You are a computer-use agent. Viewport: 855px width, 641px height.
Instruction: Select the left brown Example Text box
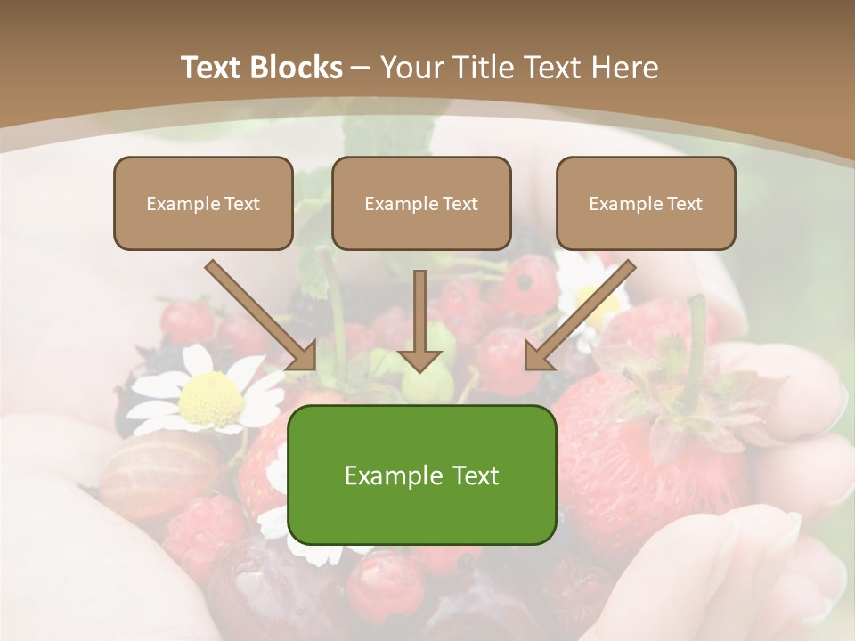click(203, 203)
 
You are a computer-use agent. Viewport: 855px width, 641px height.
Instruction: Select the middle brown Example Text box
click(421, 203)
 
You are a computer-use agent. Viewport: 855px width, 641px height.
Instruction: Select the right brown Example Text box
click(646, 203)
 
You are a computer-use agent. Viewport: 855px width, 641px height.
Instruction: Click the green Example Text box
click(421, 475)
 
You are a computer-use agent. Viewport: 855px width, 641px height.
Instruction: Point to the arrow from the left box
click(262, 315)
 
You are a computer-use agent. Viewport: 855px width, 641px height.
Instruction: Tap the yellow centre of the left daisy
click(212, 400)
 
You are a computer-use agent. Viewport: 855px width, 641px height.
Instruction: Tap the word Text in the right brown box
click(684, 203)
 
